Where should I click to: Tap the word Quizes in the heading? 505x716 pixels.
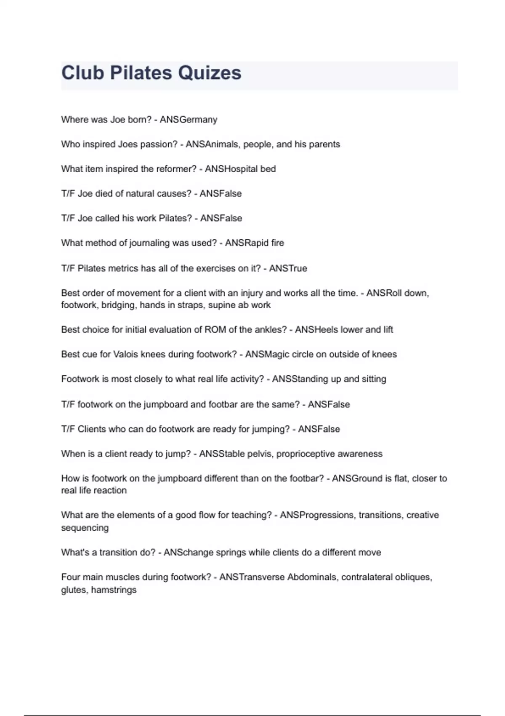(x=210, y=73)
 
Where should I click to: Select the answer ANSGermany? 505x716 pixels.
(x=189, y=120)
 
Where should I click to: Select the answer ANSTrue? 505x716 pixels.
(x=288, y=268)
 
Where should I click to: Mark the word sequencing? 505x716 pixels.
(x=85, y=528)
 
